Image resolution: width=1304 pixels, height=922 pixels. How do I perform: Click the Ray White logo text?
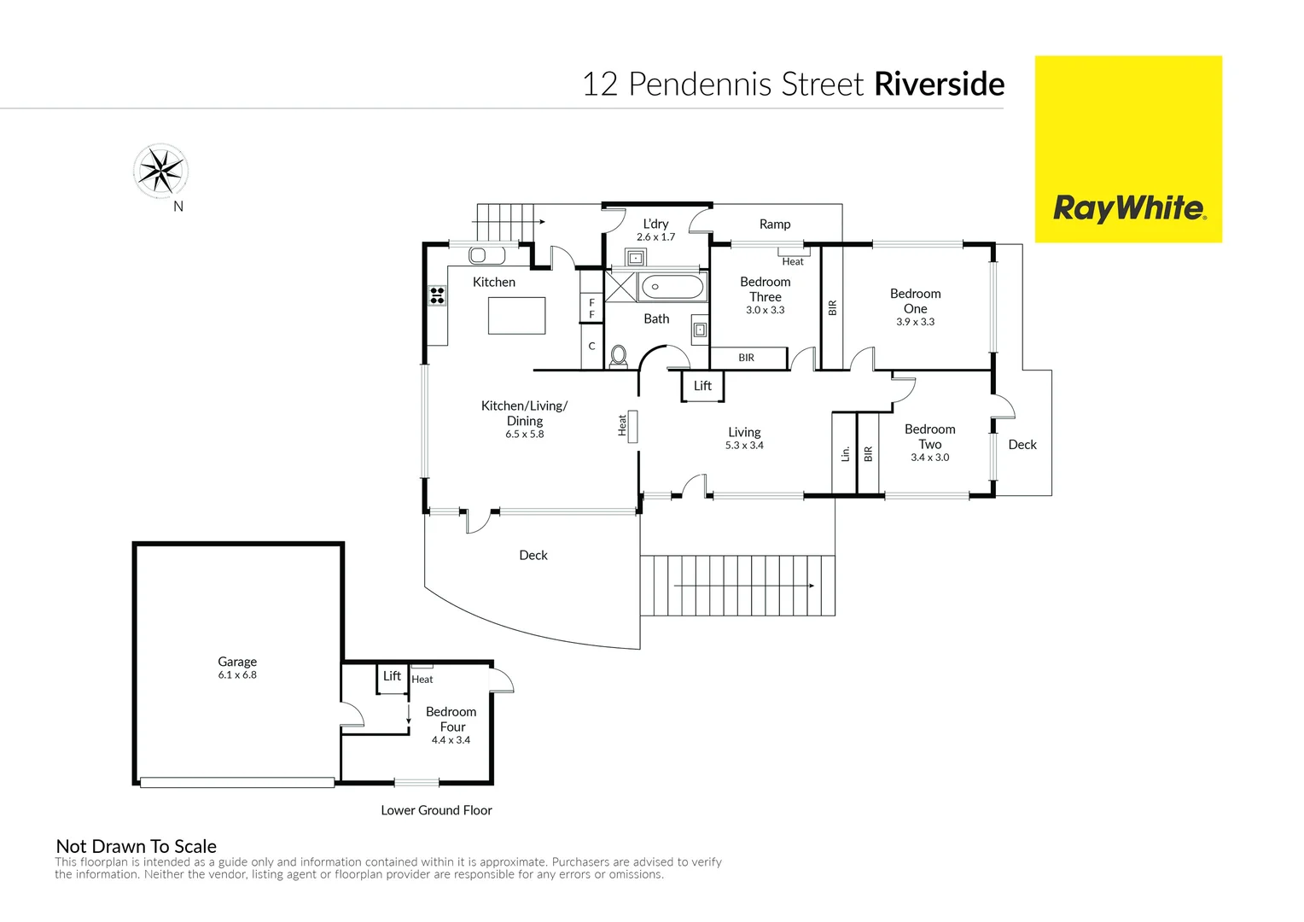pos(1129,208)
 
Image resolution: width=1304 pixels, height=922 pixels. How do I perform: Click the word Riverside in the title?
pos(939,84)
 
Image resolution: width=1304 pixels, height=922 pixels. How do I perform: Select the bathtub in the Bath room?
pos(672,287)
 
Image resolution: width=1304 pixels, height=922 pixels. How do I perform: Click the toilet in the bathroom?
pos(618,356)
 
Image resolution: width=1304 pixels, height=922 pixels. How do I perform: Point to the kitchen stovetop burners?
pos(437,295)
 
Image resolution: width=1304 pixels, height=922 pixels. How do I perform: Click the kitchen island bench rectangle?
pos(516,316)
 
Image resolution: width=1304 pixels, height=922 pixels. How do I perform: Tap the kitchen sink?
pos(486,255)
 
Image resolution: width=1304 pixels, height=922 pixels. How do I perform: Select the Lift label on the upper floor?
pos(702,386)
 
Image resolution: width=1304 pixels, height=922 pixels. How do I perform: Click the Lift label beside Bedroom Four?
pos(392,675)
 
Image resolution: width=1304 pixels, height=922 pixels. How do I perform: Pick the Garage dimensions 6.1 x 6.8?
pos(237,675)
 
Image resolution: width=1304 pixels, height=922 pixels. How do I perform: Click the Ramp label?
pos(775,225)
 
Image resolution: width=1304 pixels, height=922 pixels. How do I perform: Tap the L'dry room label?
pos(655,224)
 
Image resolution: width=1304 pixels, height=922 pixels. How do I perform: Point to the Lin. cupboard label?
pos(846,453)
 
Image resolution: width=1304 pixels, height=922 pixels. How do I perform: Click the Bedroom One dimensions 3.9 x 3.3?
pos(915,322)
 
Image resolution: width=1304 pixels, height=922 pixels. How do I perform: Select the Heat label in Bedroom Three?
pos(793,261)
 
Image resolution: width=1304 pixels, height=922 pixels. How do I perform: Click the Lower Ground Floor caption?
pos(437,810)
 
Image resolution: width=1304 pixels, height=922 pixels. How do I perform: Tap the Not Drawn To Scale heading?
pos(137,846)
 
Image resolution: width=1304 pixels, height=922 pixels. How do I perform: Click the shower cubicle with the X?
pos(620,287)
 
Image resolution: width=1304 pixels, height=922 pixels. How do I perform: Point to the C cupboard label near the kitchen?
pos(591,346)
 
